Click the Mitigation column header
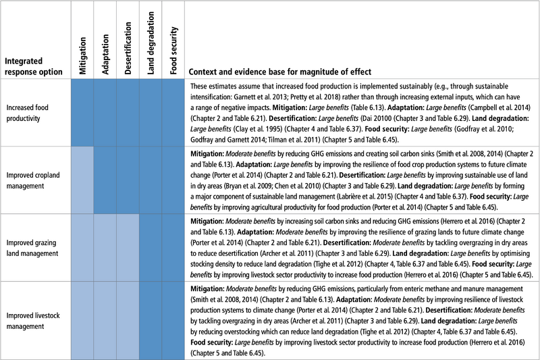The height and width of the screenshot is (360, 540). point(82,56)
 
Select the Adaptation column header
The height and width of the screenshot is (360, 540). point(105,55)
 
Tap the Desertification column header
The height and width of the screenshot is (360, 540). point(128,48)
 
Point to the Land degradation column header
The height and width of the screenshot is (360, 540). point(151,43)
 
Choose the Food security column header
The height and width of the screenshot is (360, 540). point(173,51)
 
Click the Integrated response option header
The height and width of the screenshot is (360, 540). point(33,66)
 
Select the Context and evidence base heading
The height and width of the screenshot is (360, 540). point(279,72)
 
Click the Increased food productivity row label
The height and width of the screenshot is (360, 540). point(27,113)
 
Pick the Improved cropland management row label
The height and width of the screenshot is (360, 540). point(32,180)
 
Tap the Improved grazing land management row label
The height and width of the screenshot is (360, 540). point(32,248)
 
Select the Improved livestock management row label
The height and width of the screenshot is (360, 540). point(32,321)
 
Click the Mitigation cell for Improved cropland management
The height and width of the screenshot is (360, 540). point(82,180)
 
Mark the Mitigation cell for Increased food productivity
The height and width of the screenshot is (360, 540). point(82,113)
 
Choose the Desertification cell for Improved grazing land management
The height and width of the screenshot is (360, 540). point(128,248)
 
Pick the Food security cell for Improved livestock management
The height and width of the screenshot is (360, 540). point(173,321)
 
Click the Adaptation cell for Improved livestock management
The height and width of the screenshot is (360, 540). point(105,321)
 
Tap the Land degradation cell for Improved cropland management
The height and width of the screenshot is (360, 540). point(151,180)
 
